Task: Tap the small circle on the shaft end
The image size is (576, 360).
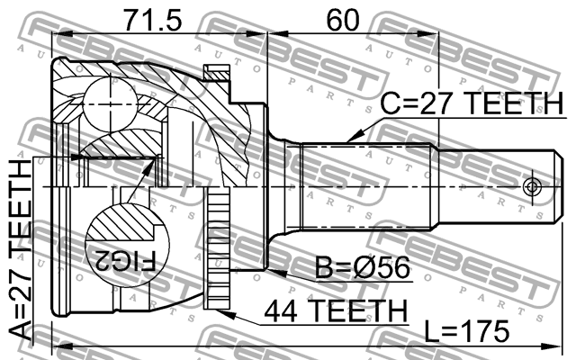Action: tap(531, 187)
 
